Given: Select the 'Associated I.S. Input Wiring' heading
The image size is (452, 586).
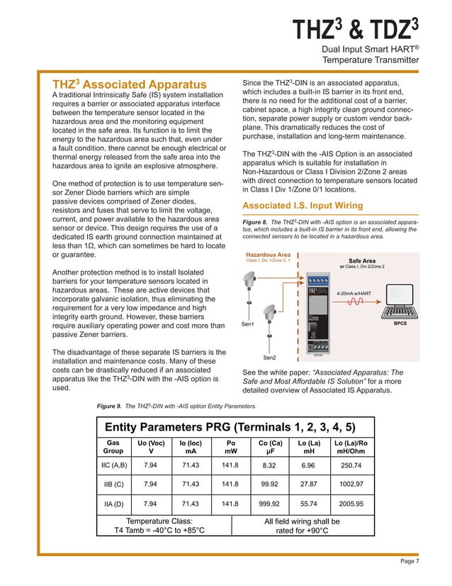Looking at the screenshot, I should (303, 206).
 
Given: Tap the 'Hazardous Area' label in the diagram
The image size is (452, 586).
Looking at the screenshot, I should (267, 255).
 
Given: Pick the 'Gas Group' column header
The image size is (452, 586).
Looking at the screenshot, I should (113, 445).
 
